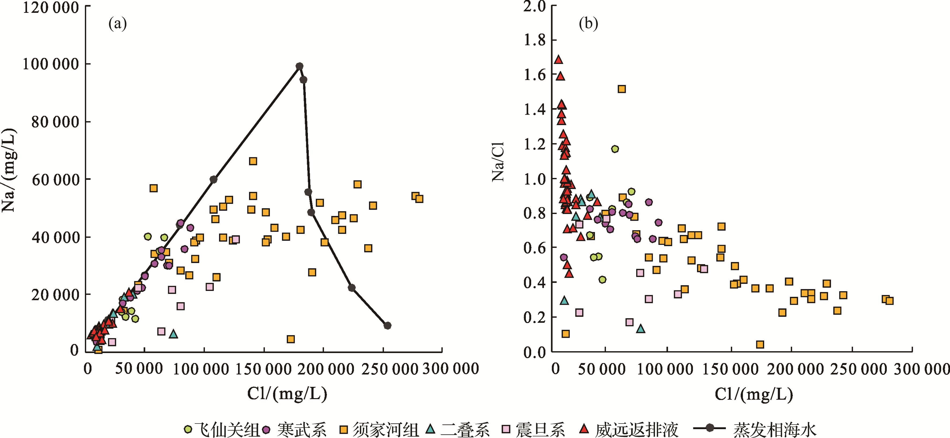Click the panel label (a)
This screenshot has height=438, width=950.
(117, 24)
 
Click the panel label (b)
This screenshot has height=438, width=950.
(588, 24)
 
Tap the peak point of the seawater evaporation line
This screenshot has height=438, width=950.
(299, 66)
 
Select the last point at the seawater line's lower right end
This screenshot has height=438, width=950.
(387, 325)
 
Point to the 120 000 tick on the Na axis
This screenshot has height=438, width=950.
(51, 8)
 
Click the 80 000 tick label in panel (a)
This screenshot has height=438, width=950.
(55, 122)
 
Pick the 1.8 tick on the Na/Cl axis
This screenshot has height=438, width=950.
(535, 40)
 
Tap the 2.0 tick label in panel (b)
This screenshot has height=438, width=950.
(535, 6)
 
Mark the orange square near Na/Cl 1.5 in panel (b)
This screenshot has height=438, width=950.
(622, 89)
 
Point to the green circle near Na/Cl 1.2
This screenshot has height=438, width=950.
(615, 149)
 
